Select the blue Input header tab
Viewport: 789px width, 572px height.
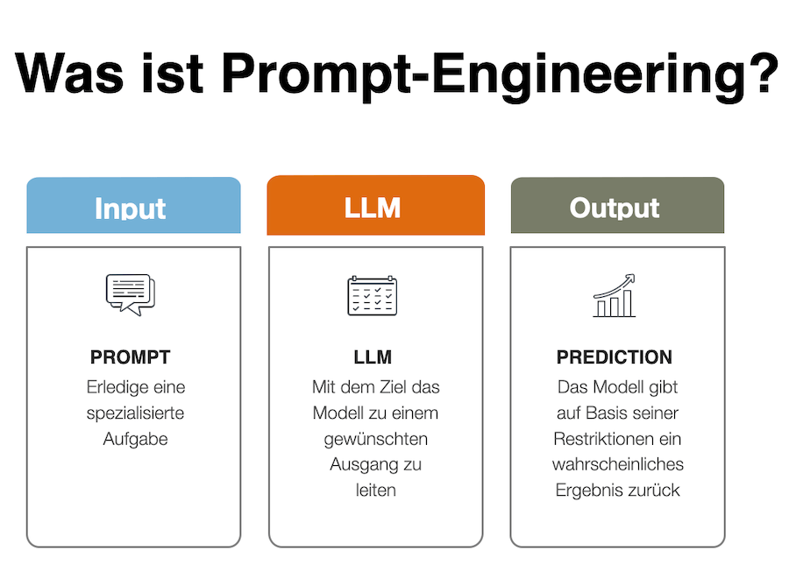(133, 207)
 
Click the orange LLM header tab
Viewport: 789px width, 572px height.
(375, 207)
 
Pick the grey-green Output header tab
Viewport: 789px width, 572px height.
(617, 207)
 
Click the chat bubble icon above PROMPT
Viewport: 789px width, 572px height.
(130, 294)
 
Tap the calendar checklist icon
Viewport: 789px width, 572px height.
(372, 295)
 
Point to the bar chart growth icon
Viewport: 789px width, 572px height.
(615, 296)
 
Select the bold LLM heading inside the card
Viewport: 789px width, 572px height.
(373, 357)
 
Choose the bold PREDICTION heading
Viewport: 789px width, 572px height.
(615, 357)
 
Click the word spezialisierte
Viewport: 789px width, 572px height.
(135, 413)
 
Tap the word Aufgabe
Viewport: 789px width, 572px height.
(135, 439)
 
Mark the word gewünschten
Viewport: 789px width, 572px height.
(375, 439)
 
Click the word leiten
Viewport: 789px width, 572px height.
(375, 491)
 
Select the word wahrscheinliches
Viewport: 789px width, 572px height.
(617, 464)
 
